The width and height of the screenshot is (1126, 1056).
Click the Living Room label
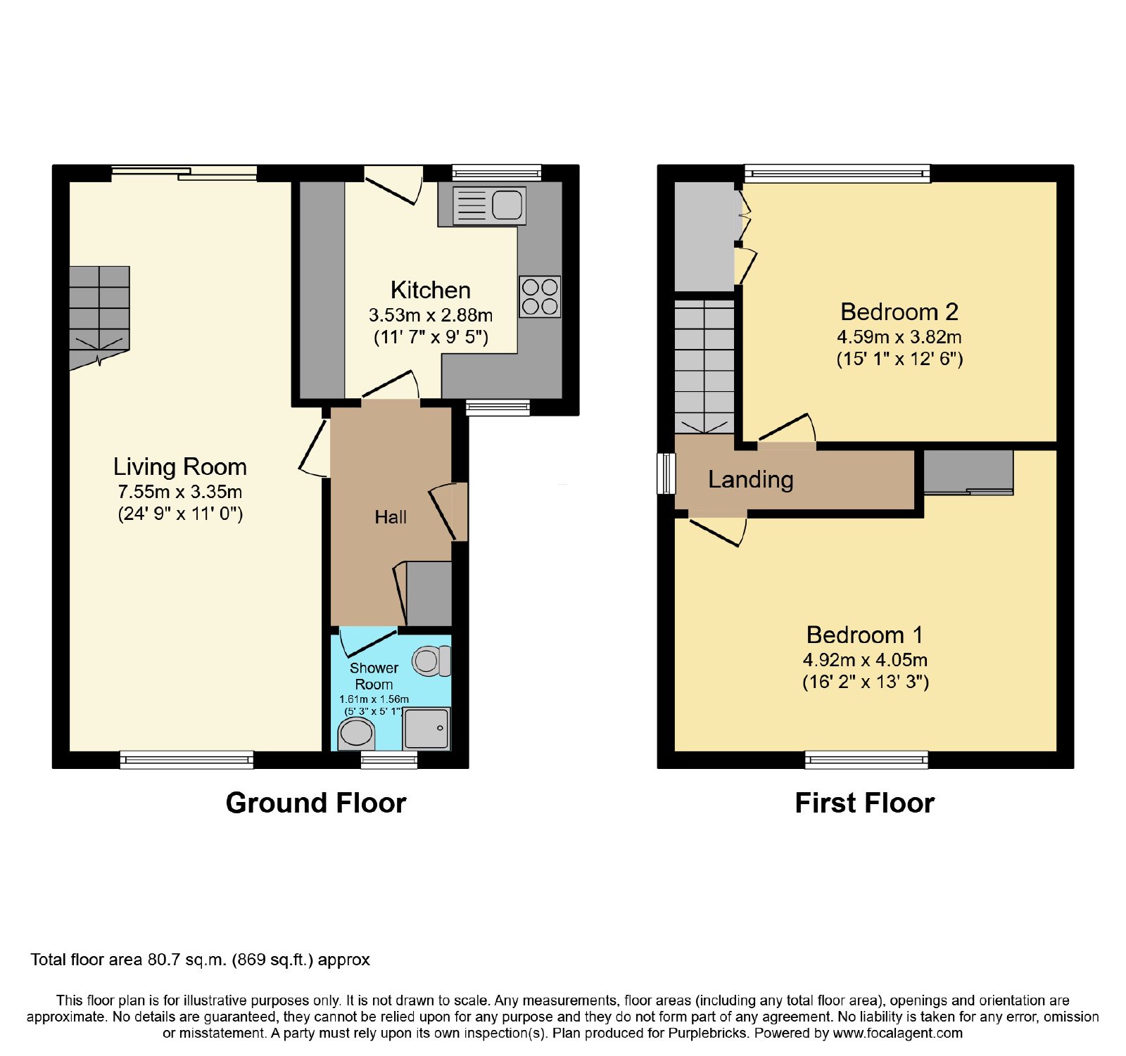click(x=180, y=467)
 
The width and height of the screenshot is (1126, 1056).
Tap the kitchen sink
click(x=489, y=205)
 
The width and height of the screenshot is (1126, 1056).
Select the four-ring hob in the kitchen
click(x=540, y=296)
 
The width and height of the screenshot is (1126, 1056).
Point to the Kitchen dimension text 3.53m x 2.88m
click(x=431, y=315)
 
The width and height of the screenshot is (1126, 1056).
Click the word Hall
click(x=391, y=517)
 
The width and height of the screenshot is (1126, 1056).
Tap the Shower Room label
click(x=374, y=676)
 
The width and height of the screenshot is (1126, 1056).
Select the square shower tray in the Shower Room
click(x=426, y=728)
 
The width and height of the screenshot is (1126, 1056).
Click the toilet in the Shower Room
click(x=431, y=661)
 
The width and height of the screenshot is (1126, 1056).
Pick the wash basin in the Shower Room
click(x=356, y=735)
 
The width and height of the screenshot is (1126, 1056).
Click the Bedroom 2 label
click(x=899, y=312)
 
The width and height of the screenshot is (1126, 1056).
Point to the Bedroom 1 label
click(x=865, y=635)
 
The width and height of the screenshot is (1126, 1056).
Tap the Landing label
click(x=751, y=480)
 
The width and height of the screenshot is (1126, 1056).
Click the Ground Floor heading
click(x=316, y=803)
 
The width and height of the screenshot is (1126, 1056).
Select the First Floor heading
click(x=865, y=803)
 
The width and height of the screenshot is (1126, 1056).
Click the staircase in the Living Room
click(x=99, y=317)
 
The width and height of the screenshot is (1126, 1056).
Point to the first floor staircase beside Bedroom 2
click(x=704, y=367)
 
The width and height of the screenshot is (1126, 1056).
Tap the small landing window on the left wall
click(x=666, y=473)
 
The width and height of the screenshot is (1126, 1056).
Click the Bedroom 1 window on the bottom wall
click(x=867, y=760)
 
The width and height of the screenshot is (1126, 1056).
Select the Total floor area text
click(x=200, y=960)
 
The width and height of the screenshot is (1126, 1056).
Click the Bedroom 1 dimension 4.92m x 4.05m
click(x=865, y=660)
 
